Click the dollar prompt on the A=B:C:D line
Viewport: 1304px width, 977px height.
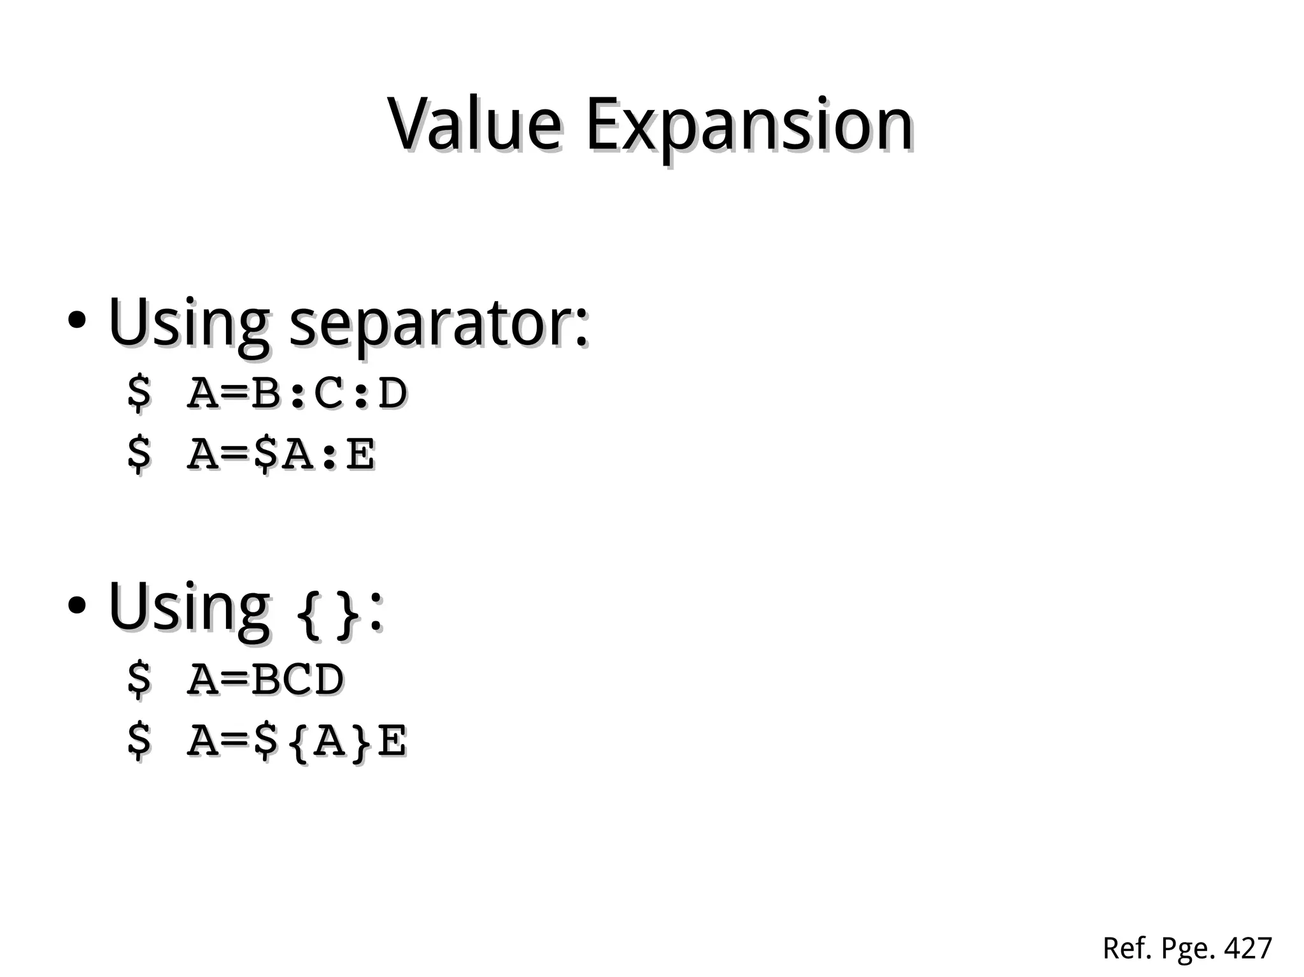[x=139, y=393]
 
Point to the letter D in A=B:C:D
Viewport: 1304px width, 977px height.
[x=392, y=393]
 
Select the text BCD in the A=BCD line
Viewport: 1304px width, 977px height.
[x=297, y=679]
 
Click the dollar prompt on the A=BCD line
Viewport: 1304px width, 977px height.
[x=139, y=679]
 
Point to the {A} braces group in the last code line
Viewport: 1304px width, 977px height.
[x=329, y=742]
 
